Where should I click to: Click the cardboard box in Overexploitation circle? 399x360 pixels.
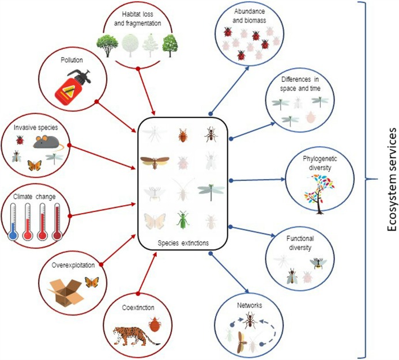pyautogui.click(x=65, y=287)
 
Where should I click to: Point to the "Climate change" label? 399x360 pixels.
pyautogui.click(x=36, y=196)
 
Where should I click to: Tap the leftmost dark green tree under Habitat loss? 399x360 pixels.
pyautogui.click(x=107, y=44)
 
